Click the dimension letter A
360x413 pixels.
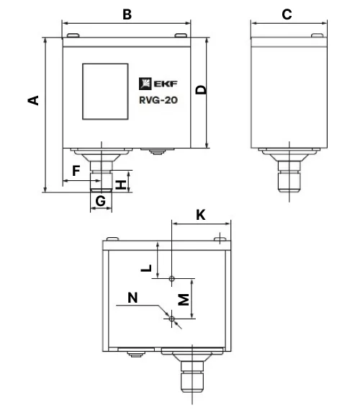click(x=33, y=101)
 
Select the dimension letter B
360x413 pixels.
click(x=127, y=14)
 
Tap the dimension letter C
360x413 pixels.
click(x=287, y=14)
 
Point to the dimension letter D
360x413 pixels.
click(x=202, y=90)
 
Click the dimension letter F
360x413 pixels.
click(x=76, y=171)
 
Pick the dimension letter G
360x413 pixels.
click(x=101, y=201)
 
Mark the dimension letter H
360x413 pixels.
click(x=121, y=185)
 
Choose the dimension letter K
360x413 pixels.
click(x=201, y=215)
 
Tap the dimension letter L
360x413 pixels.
click(x=147, y=268)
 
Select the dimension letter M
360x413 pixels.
click(x=184, y=299)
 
